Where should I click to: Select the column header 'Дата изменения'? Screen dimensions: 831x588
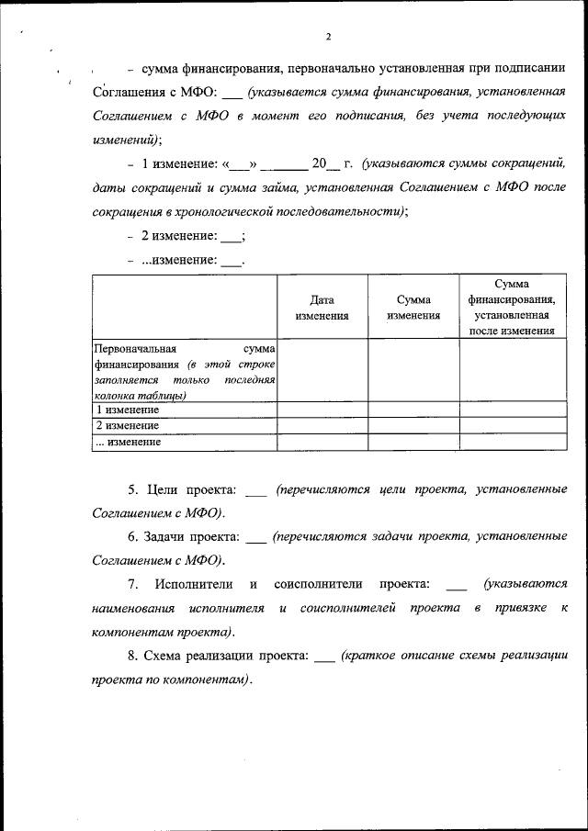coord(322,308)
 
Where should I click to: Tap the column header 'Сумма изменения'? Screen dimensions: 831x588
coord(413,308)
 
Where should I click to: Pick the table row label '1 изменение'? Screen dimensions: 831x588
coord(128,410)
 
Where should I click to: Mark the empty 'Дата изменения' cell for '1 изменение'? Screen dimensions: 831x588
coord(322,410)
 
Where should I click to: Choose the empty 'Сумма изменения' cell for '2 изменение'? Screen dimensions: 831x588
coord(413,426)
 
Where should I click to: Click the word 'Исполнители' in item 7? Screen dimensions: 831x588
coord(192,584)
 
